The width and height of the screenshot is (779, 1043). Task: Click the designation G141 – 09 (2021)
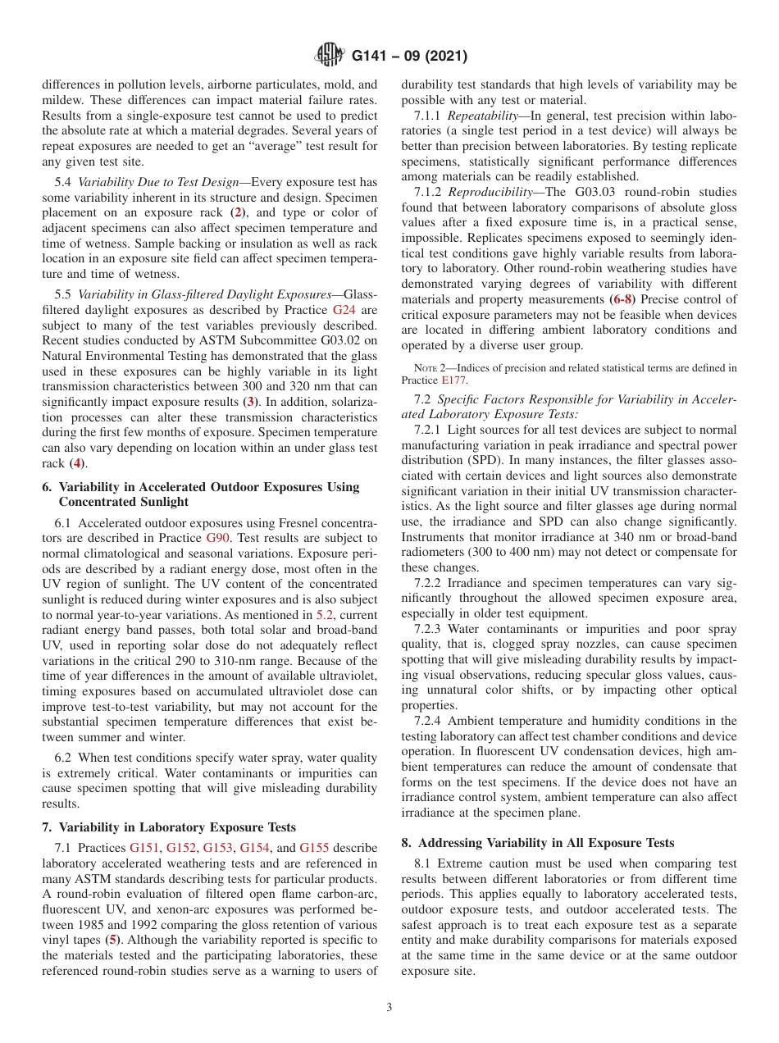[410, 56]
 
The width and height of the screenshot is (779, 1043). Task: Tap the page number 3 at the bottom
[389, 1007]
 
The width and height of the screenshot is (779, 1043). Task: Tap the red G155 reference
[314, 848]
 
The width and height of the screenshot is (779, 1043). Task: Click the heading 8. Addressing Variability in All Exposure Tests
[538, 843]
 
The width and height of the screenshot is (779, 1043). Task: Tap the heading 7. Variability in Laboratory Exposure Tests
[169, 827]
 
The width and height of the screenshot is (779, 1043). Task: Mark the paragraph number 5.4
[64, 182]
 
